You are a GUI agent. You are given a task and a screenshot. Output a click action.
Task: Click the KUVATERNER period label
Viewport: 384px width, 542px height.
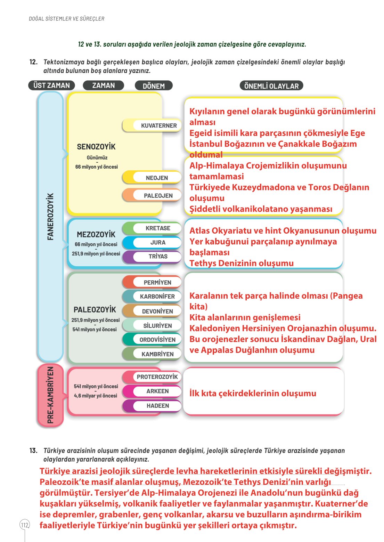[x=158, y=126]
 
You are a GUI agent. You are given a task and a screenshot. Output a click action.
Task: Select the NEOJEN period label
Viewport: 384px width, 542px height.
[x=157, y=178]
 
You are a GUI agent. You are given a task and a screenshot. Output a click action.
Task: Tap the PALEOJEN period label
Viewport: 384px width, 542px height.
[x=158, y=196]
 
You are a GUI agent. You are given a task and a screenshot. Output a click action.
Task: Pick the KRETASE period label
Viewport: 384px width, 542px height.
[x=158, y=228]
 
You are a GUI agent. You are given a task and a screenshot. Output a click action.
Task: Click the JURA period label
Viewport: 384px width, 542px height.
[x=158, y=242]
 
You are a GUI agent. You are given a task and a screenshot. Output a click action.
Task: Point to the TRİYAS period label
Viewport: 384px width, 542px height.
[x=158, y=257]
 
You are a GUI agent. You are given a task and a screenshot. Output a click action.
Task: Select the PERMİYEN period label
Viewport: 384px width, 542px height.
[x=157, y=282]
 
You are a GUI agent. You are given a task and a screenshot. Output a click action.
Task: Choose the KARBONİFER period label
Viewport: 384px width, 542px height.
[x=157, y=297]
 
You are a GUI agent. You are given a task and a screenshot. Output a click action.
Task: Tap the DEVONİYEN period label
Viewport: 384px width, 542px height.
[x=157, y=311]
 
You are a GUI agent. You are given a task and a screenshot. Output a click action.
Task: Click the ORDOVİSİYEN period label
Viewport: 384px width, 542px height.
[x=157, y=340]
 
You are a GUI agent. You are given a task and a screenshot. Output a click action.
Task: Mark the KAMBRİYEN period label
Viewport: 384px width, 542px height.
[x=157, y=354]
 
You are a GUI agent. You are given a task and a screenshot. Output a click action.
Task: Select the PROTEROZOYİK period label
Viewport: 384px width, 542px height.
[x=157, y=377]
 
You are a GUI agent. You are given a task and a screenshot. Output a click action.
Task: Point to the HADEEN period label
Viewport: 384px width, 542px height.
[x=158, y=406]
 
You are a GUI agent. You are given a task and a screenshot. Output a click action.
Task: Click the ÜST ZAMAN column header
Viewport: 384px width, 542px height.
[x=51, y=86]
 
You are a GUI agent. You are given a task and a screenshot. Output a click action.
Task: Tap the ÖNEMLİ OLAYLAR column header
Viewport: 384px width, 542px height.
[x=271, y=86]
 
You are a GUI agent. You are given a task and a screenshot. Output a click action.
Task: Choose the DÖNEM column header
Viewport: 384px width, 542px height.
[x=154, y=86]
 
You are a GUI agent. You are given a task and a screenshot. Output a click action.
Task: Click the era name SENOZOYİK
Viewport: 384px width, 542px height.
[x=96, y=147]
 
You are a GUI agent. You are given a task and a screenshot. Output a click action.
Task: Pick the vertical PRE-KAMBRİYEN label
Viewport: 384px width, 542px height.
[x=50, y=395]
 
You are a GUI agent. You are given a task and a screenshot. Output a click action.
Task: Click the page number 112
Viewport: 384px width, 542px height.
[x=25, y=525]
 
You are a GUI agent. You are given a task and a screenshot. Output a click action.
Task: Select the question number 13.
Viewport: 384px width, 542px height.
[x=33, y=451]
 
